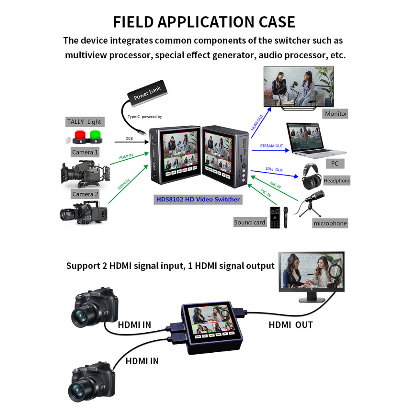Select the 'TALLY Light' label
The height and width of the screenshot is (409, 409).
84,122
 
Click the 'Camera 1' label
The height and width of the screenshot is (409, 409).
85,152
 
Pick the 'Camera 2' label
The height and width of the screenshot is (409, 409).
85,194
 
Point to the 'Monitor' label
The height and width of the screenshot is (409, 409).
336,114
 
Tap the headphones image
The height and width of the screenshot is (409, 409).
312,176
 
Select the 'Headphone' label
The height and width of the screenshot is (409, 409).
337,181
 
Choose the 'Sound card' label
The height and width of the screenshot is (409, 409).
250,222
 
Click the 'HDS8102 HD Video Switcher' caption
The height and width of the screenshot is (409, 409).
198,199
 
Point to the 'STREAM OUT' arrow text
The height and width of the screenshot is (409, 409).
272,146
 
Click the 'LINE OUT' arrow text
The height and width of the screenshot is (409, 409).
274,170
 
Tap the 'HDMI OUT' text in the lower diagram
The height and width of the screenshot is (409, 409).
291,325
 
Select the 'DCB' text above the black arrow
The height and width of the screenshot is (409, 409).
129,139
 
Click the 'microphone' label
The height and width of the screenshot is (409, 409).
330,223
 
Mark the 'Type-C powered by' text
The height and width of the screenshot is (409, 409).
145,117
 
